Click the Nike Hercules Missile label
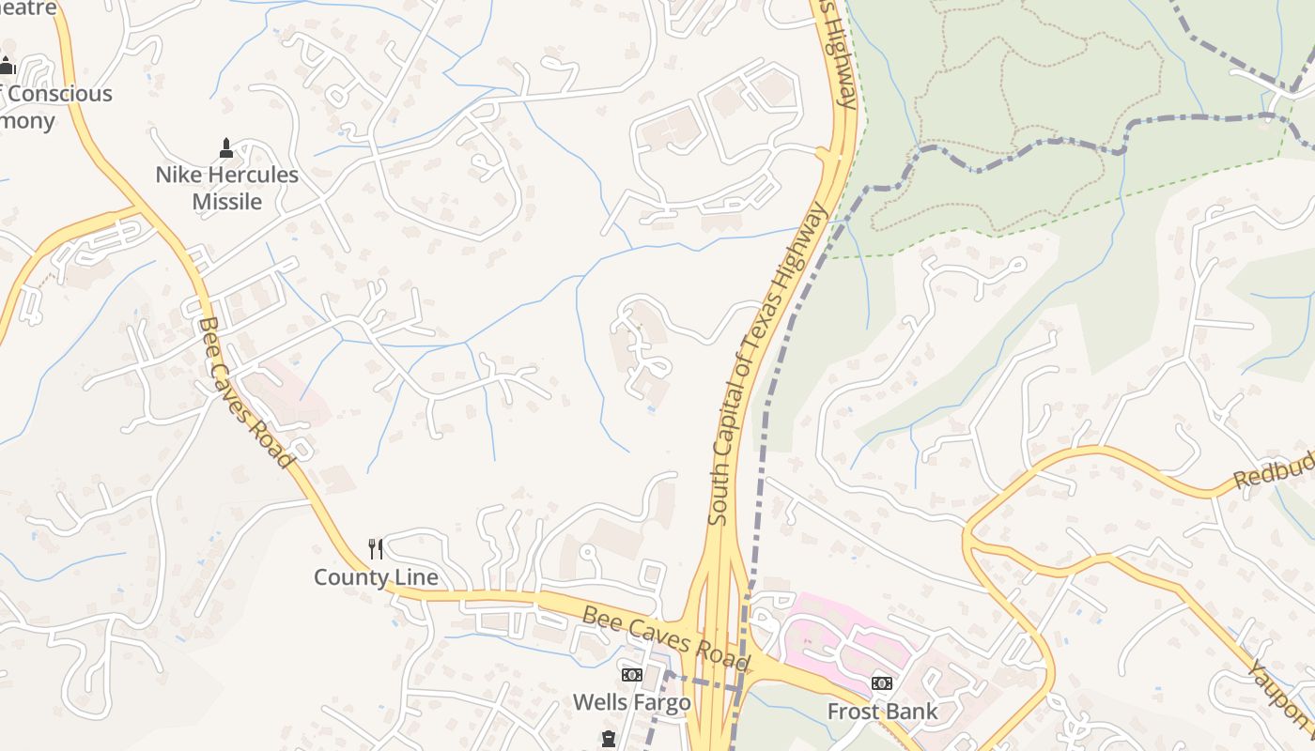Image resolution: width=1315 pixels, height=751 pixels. (226, 188)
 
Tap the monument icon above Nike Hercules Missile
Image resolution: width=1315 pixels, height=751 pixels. (225, 147)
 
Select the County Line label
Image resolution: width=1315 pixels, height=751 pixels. (376, 576)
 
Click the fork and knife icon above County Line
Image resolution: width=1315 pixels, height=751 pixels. (376, 548)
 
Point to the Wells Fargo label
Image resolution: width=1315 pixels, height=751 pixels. (631, 702)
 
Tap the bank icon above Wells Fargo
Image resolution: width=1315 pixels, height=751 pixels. (632, 675)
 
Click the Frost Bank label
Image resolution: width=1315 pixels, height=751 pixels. (882, 711)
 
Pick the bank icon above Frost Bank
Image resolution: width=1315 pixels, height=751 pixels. (881, 683)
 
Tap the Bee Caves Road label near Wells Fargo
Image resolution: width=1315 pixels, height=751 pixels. (666, 639)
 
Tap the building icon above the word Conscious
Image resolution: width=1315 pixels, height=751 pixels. (8, 67)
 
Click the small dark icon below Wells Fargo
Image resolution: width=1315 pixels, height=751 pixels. (608, 741)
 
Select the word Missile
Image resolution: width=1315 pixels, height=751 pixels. (226, 201)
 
